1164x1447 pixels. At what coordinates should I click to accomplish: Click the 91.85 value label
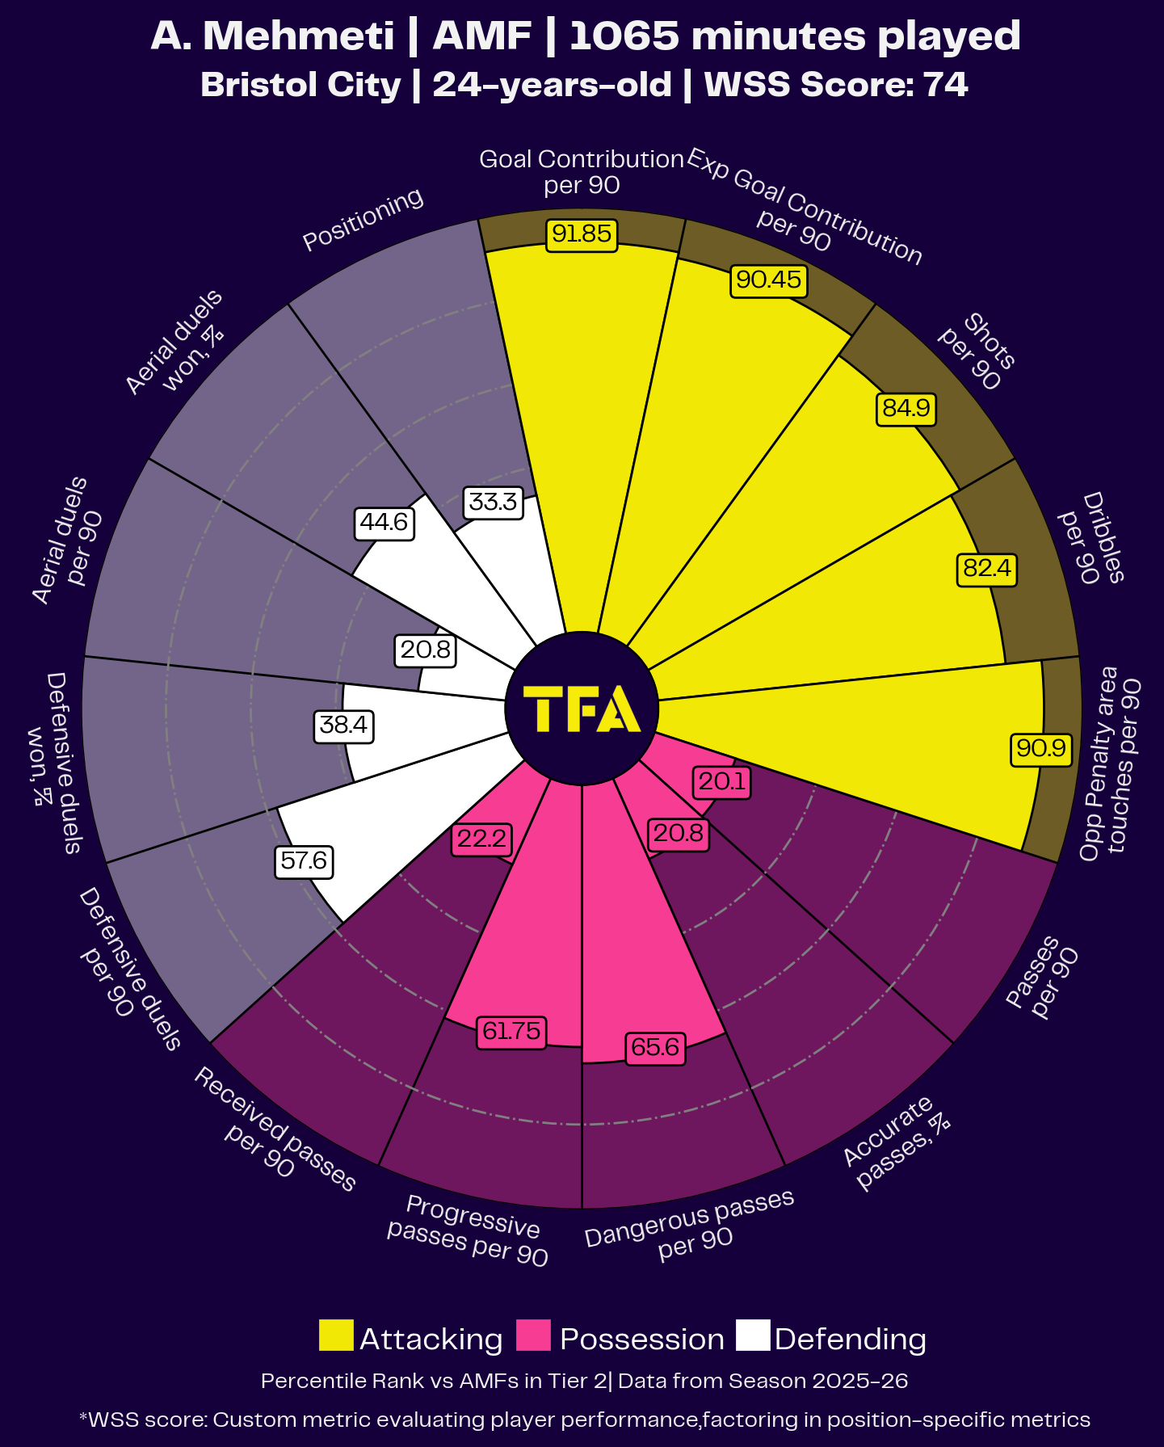pos(582,234)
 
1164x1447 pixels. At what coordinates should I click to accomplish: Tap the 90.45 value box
pos(769,280)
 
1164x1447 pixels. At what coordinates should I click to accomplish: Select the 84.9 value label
pos(906,409)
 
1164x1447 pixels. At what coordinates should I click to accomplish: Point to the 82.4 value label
pos(986,569)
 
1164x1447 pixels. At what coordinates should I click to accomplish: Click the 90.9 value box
pos(1041,748)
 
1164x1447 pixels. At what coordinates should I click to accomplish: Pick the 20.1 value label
pos(722,782)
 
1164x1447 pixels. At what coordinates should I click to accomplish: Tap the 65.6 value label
pos(655,1048)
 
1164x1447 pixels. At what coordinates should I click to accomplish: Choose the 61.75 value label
pos(511,1032)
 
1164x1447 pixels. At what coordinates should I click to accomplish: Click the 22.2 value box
pos(481,839)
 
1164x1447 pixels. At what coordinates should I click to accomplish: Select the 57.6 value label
pos(304,861)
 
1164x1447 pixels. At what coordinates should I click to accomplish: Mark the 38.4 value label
pos(343,726)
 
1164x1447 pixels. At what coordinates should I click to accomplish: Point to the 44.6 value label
pos(384,523)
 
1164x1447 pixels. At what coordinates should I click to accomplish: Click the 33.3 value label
pos(493,503)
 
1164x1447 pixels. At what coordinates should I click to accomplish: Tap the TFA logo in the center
pos(582,709)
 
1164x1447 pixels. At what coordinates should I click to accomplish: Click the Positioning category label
pos(363,219)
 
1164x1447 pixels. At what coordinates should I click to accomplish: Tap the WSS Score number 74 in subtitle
pos(946,85)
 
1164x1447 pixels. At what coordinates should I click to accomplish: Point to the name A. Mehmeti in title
pos(272,36)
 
